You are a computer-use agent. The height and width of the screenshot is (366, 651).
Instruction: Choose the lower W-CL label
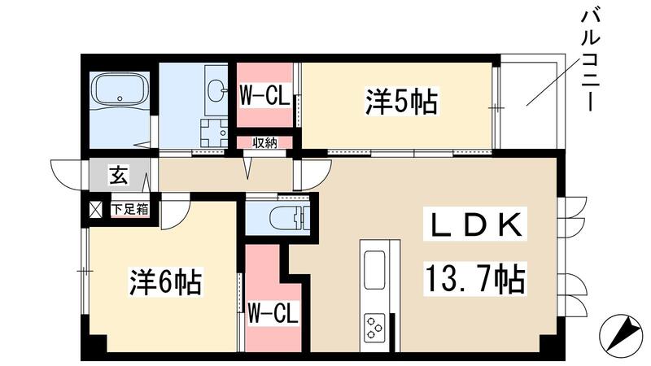[x=273, y=311]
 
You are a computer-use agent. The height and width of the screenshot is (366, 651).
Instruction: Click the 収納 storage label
[x=264, y=142]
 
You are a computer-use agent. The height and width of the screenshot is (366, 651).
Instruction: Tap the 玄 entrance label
[x=119, y=174]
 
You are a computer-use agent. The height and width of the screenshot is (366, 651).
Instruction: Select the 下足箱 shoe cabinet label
[x=130, y=208]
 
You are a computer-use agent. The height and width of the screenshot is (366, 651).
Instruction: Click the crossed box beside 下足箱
[x=96, y=208]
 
